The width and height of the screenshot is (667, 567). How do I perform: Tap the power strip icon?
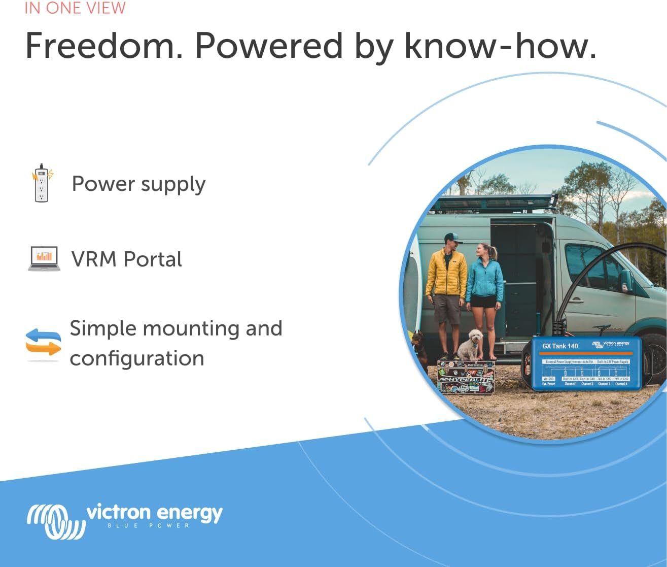pos(42,183)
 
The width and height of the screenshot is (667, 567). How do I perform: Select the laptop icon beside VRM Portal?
pos(44,258)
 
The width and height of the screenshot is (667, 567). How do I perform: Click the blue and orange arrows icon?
pos(43,342)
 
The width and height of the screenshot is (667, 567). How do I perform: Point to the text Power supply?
pos(138,184)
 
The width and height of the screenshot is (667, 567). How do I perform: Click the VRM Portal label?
pos(127,259)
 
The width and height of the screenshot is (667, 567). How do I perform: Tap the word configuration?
pos(137,358)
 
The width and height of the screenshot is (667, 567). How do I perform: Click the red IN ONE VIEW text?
pos(75,8)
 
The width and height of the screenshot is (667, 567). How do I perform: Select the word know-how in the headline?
pos(500,46)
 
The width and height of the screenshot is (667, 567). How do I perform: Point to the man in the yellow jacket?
pos(446,284)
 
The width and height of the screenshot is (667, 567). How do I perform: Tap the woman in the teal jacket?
pos(485,284)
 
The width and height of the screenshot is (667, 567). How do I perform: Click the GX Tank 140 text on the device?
pos(560,346)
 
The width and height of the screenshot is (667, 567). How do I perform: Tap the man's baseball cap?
pos(452,238)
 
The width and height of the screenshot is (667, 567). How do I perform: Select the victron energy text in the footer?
pos(155,513)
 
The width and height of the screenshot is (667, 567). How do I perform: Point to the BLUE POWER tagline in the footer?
pos(149,526)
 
